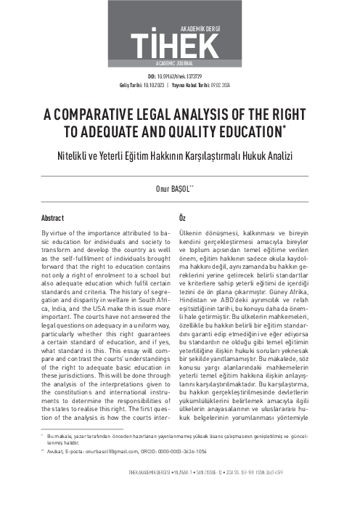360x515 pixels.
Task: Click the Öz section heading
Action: [x=182, y=218]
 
